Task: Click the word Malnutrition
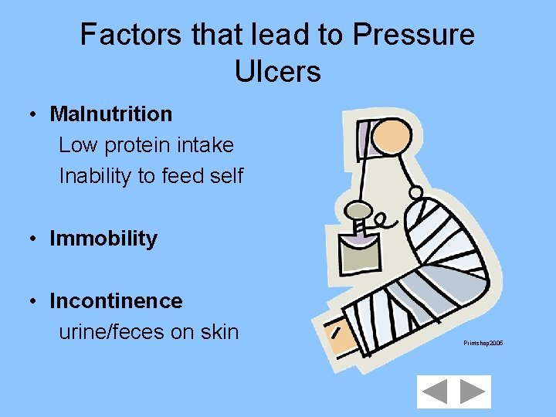click(x=111, y=114)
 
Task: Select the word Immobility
click(x=103, y=239)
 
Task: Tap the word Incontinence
click(x=116, y=300)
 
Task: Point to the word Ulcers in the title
click(x=277, y=71)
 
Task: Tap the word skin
click(x=219, y=332)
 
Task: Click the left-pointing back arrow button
click(x=436, y=392)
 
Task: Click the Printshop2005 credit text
click(x=483, y=342)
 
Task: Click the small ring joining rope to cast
click(x=415, y=192)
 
